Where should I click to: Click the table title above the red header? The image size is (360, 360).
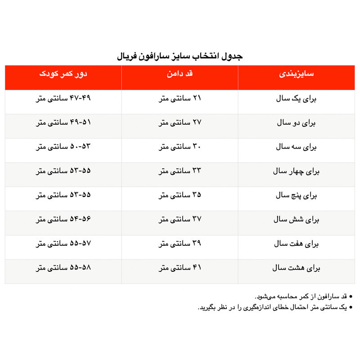pos(180,56)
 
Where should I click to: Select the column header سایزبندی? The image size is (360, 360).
pos(297,74)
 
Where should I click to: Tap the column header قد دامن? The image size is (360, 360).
pos(180,74)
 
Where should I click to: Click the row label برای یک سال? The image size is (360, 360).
pos(297,99)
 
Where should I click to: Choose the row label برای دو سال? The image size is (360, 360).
pos(297,123)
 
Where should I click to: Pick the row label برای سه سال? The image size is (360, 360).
pos(297,147)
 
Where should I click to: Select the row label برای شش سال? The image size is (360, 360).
pos(297,220)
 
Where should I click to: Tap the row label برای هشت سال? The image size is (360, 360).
pos(297,269)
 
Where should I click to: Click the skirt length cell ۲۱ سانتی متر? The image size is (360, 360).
pos(180,99)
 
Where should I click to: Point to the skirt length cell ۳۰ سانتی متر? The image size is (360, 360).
pos(180,147)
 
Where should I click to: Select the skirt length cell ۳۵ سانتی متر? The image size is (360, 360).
pos(180,196)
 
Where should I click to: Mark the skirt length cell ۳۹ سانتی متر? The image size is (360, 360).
pos(180,244)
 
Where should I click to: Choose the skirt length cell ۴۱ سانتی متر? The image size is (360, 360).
pos(180,269)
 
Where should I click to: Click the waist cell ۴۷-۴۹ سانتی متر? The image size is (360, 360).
pos(63,99)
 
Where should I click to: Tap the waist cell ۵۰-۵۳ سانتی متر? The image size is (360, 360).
pos(63,147)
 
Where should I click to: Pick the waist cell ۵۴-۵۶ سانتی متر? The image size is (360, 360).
pos(63,220)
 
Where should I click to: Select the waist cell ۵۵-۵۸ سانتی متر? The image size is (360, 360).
pos(63,269)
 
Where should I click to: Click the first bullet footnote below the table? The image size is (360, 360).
pos(301,297)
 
